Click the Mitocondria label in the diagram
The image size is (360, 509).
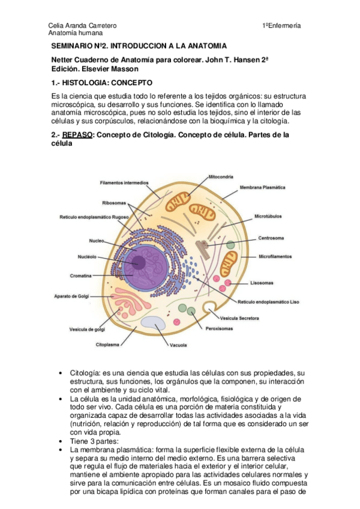pos(220,177)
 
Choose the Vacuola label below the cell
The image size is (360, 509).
pos(178,345)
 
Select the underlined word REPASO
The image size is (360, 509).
pos(77,135)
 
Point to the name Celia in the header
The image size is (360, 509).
pos(55,26)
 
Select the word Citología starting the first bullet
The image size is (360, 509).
pos(83,373)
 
